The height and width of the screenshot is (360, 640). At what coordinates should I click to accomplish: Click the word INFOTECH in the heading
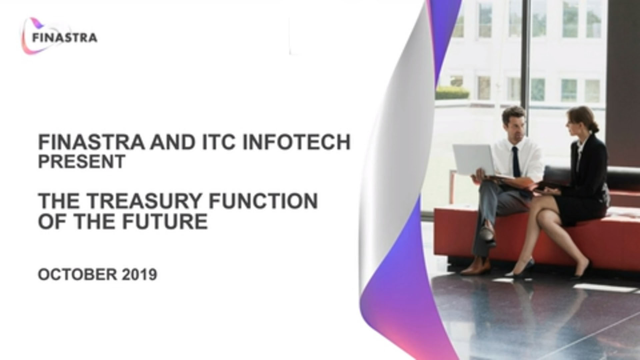(296, 142)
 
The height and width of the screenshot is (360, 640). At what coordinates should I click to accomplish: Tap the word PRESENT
(82, 161)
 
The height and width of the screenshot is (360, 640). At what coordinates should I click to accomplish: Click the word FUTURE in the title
(165, 221)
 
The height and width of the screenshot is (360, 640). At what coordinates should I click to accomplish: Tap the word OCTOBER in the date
(77, 275)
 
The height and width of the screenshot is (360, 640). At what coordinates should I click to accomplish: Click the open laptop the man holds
(473, 160)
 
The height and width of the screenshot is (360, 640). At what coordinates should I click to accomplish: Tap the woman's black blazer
(588, 167)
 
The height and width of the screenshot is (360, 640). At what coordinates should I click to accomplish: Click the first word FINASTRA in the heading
(92, 142)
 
